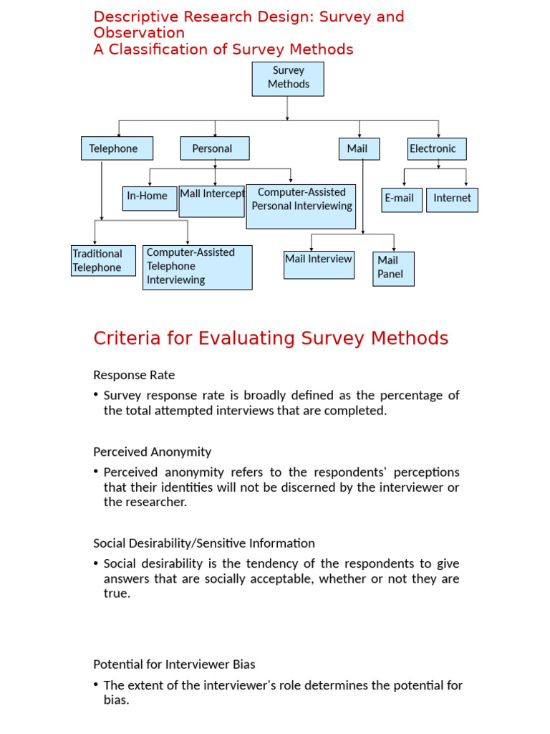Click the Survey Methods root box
(x=288, y=78)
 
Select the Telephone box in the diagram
(x=117, y=148)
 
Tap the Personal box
(x=215, y=148)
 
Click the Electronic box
(x=437, y=148)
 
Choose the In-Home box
(x=149, y=198)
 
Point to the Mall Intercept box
(x=211, y=200)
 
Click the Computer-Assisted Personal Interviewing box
(x=301, y=206)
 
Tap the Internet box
(x=452, y=199)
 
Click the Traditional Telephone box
(x=103, y=260)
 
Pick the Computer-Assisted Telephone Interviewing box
(x=197, y=267)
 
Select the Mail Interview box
(x=319, y=264)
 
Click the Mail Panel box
(x=393, y=268)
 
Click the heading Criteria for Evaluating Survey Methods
(x=271, y=338)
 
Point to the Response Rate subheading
(x=134, y=375)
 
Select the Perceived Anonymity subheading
(x=152, y=452)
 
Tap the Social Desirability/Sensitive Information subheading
(x=204, y=543)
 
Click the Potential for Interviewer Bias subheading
(x=174, y=664)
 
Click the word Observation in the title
(x=139, y=33)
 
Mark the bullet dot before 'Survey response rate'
(x=97, y=396)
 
